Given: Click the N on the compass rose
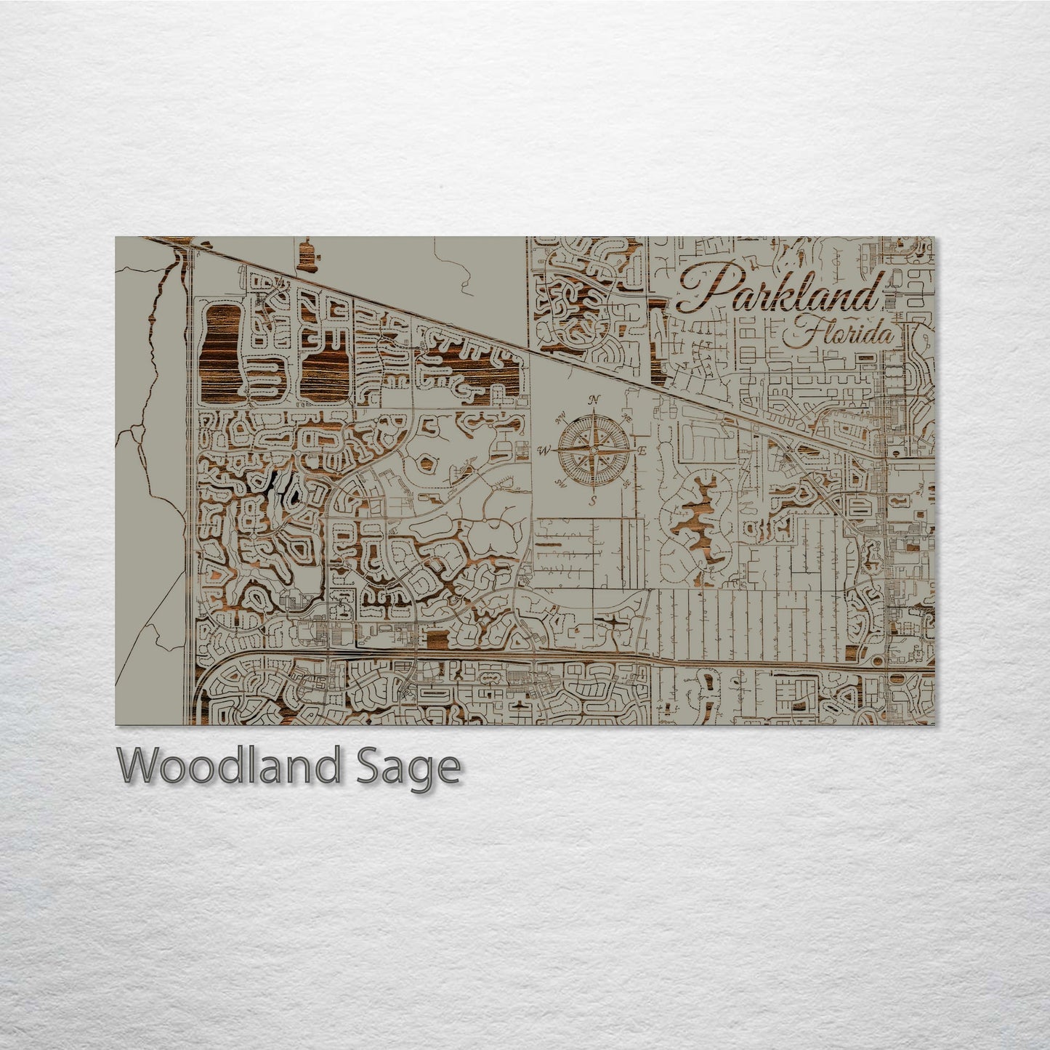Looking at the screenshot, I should [x=595, y=399].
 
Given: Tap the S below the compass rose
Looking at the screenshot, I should [x=593, y=501].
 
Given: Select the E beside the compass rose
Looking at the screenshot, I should [x=642, y=452].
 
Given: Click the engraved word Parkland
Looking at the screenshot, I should [x=778, y=293].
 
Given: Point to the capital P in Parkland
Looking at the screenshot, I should [x=698, y=291].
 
